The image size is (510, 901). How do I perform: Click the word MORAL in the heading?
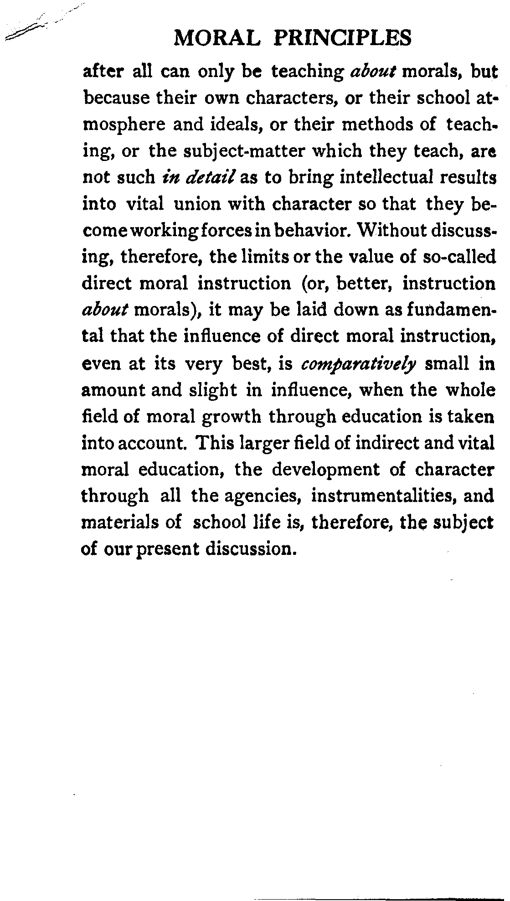pos(217,38)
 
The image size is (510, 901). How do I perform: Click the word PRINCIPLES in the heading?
pos(343,38)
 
